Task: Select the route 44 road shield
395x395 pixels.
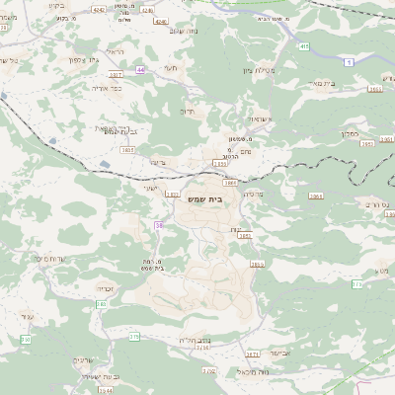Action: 141,70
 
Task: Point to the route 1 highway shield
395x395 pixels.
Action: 349,62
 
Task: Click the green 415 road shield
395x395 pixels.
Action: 303,46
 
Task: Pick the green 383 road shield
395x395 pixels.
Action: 101,304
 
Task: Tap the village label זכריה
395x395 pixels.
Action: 106,287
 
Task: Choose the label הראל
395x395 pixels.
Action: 115,50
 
